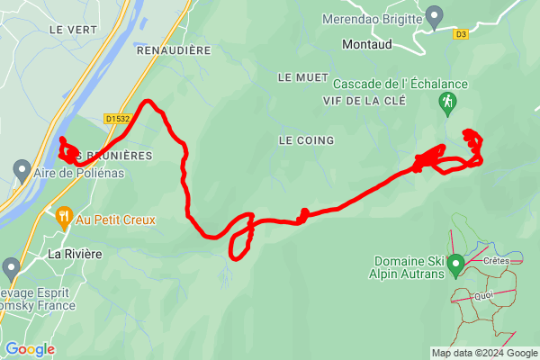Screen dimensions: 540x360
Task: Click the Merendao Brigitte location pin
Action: (435, 14)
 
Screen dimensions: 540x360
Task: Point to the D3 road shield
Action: (462, 35)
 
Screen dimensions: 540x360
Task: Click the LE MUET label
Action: (298, 77)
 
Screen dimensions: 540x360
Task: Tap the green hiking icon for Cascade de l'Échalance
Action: (446, 103)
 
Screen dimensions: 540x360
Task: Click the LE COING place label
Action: (306, 140)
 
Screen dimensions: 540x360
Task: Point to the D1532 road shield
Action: (118, 118)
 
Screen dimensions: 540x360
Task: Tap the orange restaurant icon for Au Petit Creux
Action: (64, 216)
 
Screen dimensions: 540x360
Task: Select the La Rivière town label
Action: (75, 255)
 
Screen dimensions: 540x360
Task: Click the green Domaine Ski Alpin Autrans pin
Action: (455, 265)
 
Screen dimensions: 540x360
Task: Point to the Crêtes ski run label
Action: (496, 261)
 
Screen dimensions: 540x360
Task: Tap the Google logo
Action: (30, 348)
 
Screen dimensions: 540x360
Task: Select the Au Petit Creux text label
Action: (116, 220)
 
